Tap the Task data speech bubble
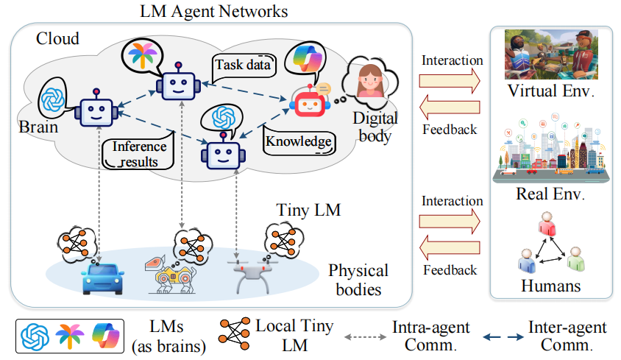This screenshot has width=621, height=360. [x=242, y=65]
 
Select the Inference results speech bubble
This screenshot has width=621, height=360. [x=139, y=152]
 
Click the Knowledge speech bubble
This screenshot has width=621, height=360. [x=297, y=141]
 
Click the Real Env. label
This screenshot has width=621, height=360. [x=551, y=195]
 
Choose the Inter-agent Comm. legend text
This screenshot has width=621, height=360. [x=568, y=335]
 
